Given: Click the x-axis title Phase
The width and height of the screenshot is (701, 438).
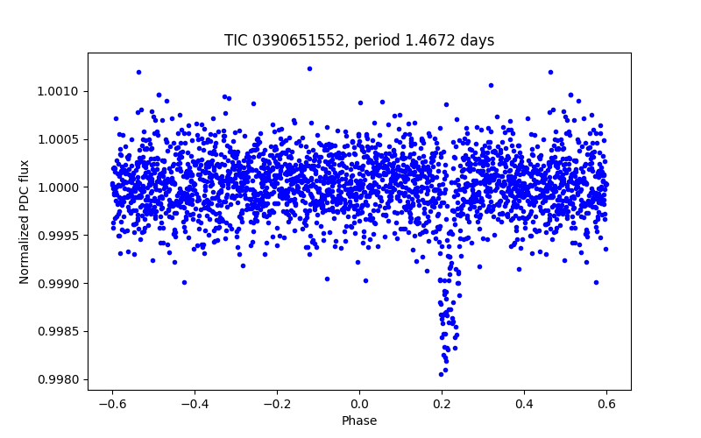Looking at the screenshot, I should point(359,420).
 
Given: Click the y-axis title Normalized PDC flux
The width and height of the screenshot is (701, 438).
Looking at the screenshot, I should point(25,221).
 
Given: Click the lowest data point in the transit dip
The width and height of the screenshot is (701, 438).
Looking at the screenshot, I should point(442,374).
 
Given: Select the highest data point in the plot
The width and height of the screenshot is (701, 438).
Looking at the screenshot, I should point(309,68).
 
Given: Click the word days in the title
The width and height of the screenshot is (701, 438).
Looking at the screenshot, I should point(478,40).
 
